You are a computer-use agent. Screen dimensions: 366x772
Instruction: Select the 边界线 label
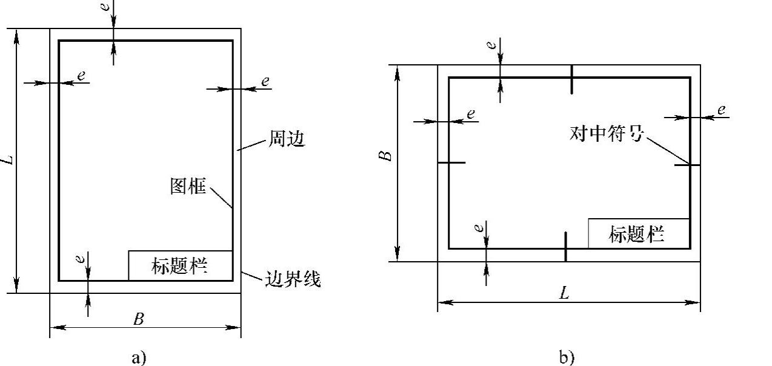[x=293, y=279]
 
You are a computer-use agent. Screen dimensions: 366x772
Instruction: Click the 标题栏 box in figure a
[x=180, y=265]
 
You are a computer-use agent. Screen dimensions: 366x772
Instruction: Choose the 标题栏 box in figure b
[x=638, y=233]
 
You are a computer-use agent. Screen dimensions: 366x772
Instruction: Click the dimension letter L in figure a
[x=7, y=160]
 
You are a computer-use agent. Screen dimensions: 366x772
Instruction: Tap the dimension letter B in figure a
[x=139, y=319]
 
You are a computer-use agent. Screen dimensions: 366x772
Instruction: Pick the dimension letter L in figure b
[x=565, y=294]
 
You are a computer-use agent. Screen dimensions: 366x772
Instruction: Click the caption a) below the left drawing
[x=139, y=358]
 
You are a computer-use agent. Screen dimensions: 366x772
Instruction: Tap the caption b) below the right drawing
[x=567, y=358]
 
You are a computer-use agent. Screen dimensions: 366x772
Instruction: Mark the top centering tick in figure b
[x=571, y=79]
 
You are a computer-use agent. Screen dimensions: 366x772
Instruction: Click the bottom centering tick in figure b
[x=565, y=247]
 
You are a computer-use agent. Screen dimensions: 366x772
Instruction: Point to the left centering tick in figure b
[x=451, y=162]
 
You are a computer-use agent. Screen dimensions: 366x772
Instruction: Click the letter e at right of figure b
[x=721, y=110]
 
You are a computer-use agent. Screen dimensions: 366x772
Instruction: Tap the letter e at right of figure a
[x=265, y=81]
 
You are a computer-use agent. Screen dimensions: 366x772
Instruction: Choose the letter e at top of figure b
[x=493, y=44]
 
